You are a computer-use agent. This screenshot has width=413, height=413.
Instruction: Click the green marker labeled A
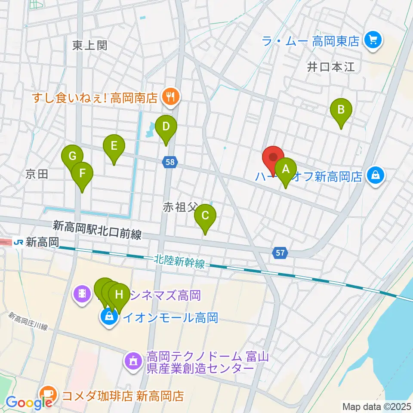point(286,170)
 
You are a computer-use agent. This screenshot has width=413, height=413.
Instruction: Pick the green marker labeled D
point(166,127)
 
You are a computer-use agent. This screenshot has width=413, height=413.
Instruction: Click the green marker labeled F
point(82,173)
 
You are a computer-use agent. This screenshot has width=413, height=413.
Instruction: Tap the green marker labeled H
point(119,295)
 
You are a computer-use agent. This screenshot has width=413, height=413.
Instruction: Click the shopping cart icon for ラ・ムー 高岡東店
point(372,41)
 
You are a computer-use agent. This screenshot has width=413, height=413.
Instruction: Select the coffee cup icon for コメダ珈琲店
point(47,395)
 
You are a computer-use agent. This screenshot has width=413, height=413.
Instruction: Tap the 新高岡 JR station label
point(36,242)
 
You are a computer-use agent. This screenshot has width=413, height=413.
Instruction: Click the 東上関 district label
point(89,45)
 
